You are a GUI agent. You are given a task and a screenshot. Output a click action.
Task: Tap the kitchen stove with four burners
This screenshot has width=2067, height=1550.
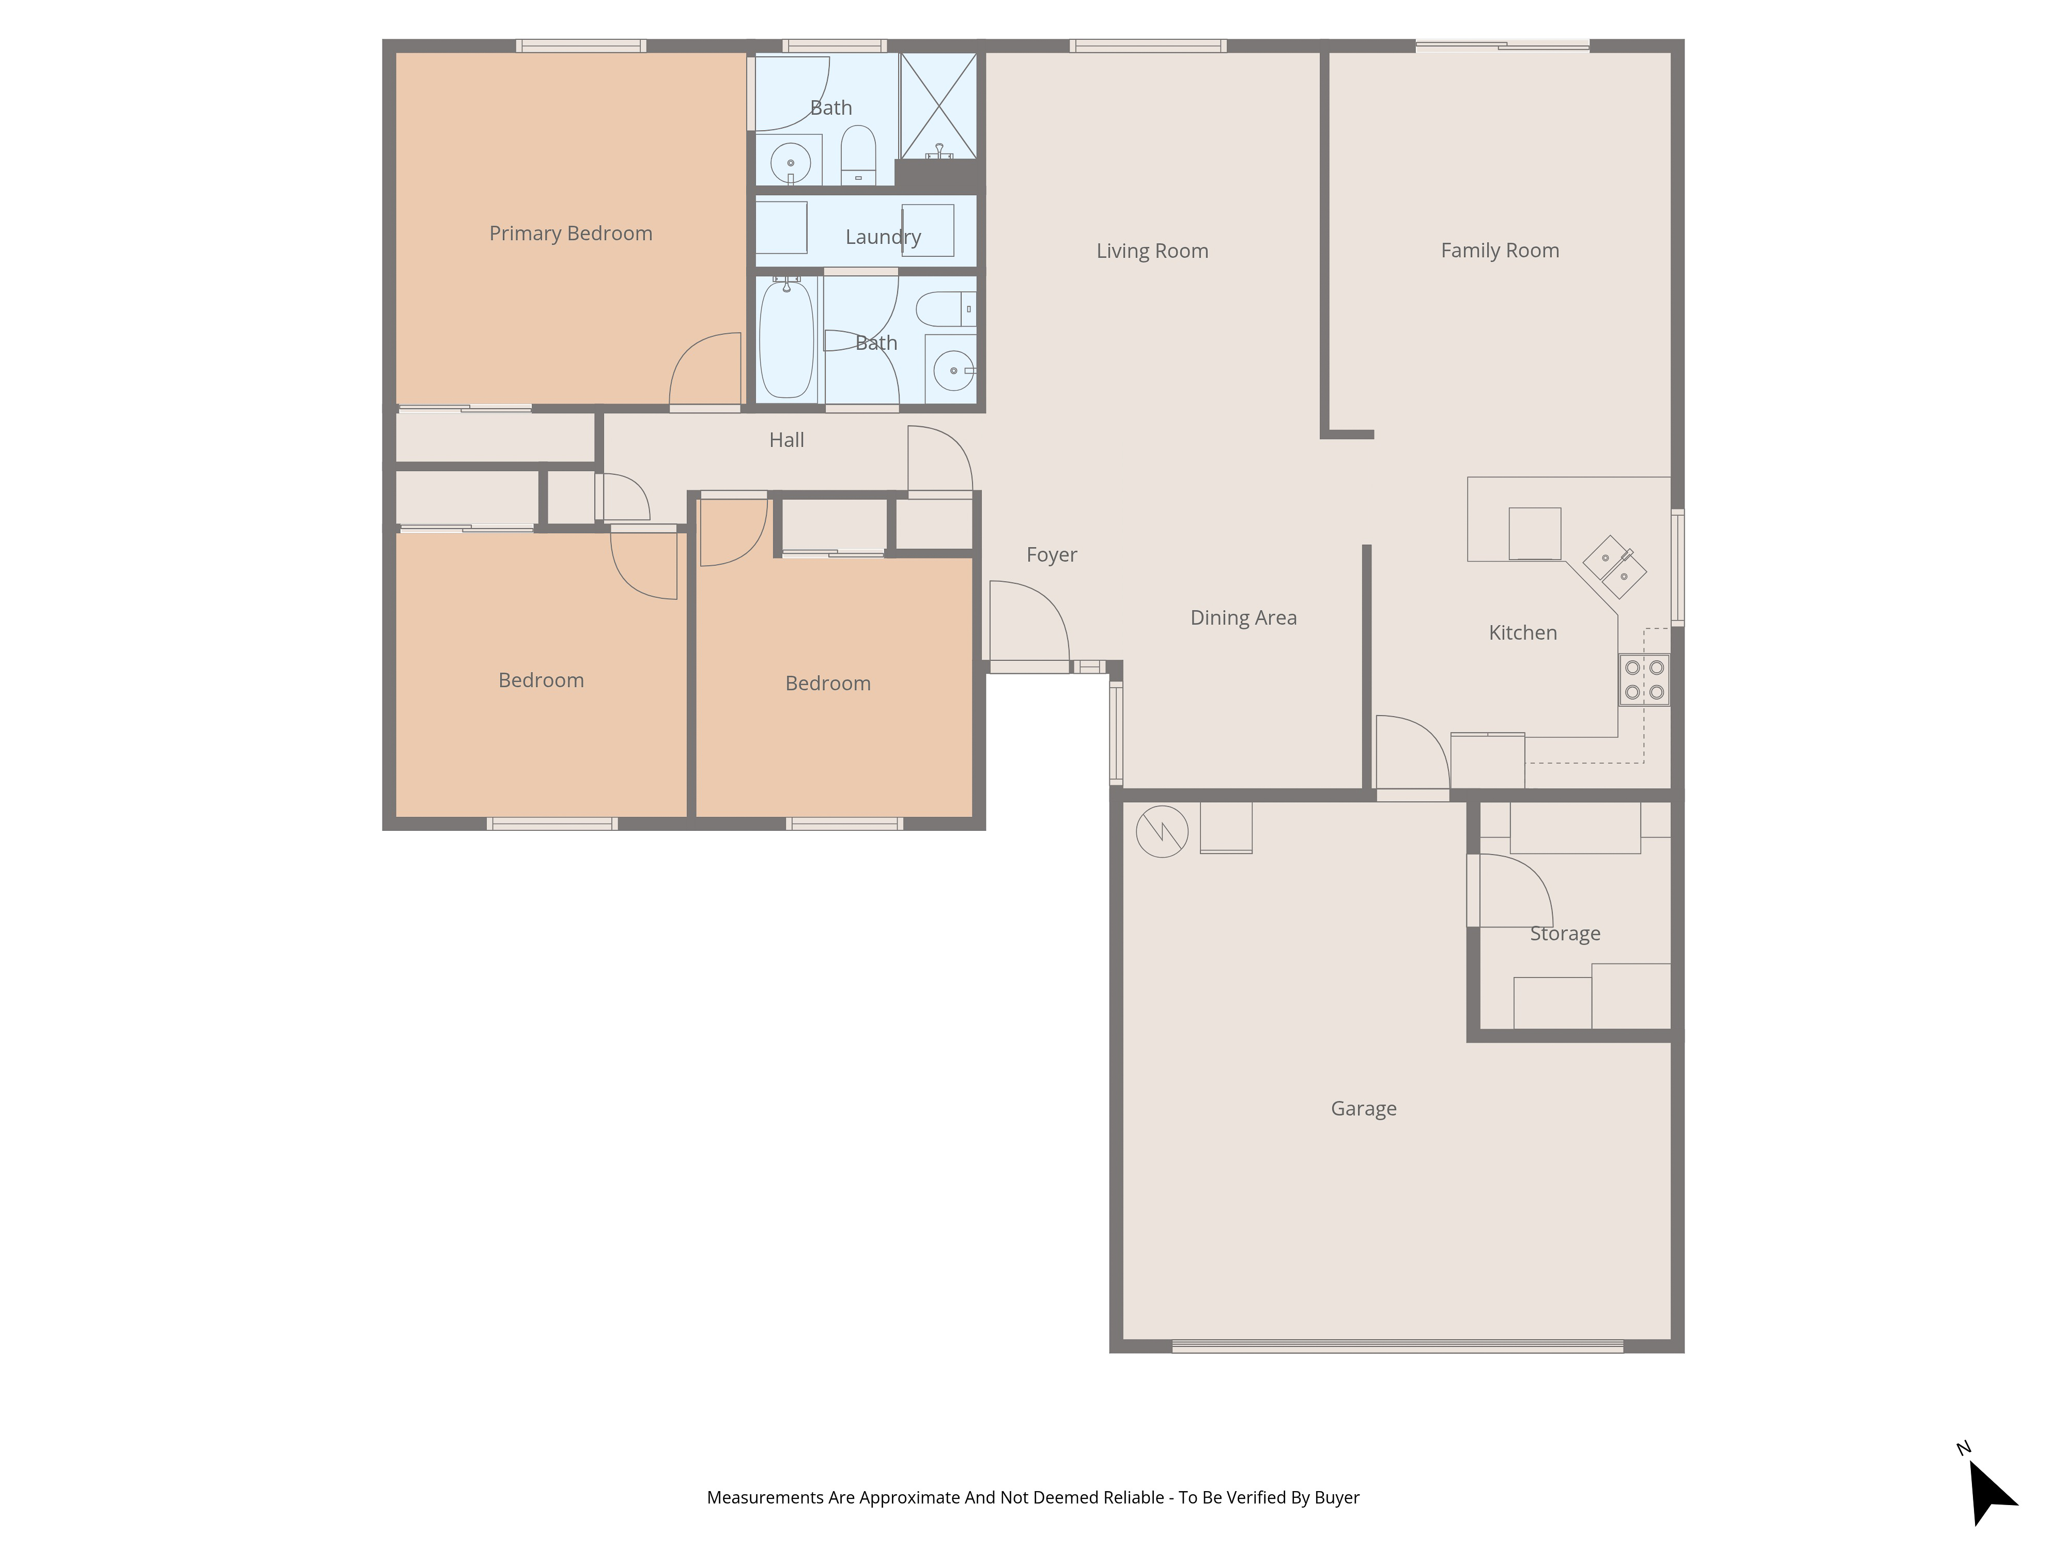coord(1644,680)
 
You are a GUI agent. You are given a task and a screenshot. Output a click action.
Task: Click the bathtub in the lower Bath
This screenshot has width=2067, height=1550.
coord(787,340)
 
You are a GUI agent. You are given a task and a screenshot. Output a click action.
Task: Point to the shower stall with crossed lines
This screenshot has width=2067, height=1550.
coord(938,105)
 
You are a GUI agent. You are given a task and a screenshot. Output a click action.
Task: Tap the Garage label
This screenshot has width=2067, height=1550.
coord(1363,1109)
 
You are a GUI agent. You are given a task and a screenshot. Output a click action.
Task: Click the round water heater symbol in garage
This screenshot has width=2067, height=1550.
coord(1162,831)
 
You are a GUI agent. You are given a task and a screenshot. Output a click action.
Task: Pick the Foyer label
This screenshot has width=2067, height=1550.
coord(1051,555)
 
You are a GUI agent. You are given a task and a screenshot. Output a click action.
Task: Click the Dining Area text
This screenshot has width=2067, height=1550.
coord(1243,617)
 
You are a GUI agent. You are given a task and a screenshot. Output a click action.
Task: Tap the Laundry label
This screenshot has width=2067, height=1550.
coord(882,237)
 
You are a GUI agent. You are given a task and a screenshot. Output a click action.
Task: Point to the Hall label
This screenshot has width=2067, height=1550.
coord(786,440)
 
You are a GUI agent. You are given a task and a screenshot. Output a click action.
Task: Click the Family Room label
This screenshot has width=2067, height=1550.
coord(1499,251)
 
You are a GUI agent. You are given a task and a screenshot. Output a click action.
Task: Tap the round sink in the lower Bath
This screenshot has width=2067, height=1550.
coord(952,371)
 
